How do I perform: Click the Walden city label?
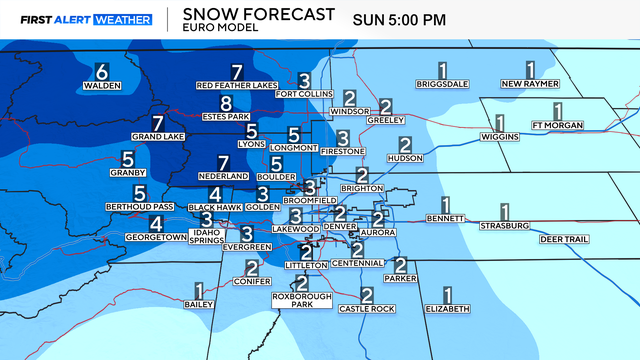(101, 86)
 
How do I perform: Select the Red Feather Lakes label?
(237, 86)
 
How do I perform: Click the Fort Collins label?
(304, 94)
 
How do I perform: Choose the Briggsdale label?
(442, 84)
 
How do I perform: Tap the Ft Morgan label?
(557, 125)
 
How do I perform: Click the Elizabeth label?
(447, 309)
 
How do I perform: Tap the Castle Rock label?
(366, 309)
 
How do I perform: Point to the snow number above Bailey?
(198, 291)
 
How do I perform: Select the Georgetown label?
(156, 237)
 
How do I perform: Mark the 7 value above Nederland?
(224, 162)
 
